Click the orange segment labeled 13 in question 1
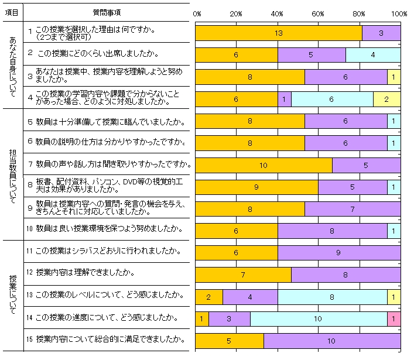pos(278,33)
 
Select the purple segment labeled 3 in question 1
pos(381,33)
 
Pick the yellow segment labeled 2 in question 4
pos(387,100)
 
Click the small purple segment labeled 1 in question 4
pos(284,100)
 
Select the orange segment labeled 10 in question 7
pos(264,165)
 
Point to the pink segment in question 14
pos(394,318)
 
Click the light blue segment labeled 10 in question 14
pos(319,318)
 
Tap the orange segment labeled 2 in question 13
pos(208,297)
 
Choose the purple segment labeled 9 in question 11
pos(339,253)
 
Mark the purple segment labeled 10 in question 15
pos(332,340)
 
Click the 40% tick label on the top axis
pos(278,13)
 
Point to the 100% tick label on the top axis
pos(399,13)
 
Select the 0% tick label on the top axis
pos(197,13)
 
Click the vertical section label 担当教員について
pos(13,173)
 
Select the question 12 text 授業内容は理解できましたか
pos(85,273)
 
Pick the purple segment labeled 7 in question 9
pos(353,209)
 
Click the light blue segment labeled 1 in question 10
pos(394,231)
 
